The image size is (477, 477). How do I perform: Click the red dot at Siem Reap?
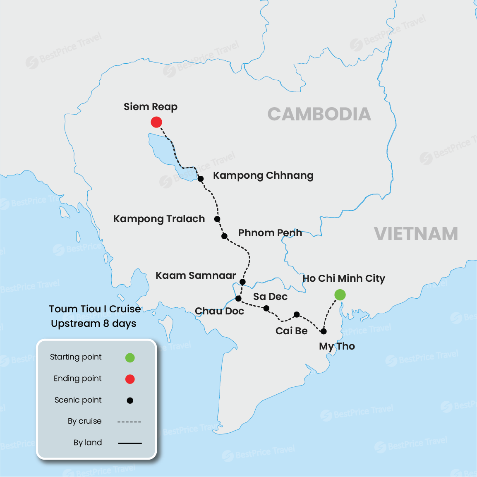tap(156, 122)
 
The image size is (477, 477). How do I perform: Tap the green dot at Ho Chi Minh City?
tap(340, 295)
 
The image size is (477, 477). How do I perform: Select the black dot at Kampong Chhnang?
tap(201, 179)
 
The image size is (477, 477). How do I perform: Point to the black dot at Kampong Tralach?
tap(217, 219)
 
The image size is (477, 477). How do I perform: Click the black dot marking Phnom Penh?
tap(224, 236)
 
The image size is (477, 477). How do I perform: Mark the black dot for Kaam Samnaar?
tap(243, 282)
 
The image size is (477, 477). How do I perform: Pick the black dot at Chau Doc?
tap(238, 298)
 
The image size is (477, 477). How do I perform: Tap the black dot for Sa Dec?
tap(266, 308)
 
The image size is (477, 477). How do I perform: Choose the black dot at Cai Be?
tap(297, 315)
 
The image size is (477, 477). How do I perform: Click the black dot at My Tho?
tap(324, 331)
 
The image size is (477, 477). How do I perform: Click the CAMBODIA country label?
tap(319, 115)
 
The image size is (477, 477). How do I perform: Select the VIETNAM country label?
tap(416, 234)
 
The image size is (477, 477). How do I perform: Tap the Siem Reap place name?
tap(151, 107)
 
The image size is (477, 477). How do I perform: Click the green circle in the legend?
tap(130, 357)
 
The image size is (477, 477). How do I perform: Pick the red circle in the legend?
tap(130, 379)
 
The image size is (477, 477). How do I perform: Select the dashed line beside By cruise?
tap(129, 422)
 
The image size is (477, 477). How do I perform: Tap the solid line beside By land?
tap(130, 443)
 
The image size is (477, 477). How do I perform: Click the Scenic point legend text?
tap(78, 400)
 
